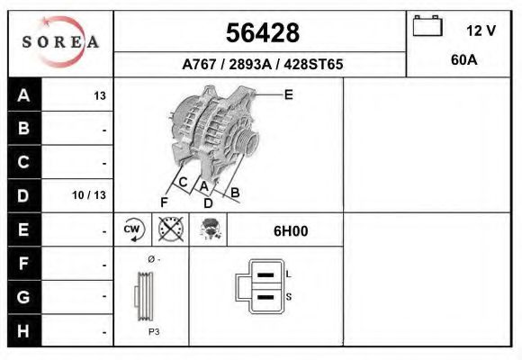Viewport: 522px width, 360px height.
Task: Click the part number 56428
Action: [261, 32]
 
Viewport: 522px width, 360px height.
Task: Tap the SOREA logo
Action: [60, 42]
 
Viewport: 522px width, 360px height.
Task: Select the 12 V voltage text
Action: [481, 31]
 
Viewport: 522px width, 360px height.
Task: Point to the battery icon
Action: [427, 27]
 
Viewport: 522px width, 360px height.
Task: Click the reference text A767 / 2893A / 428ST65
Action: [261, 65]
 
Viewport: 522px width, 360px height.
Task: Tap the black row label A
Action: [23, 95]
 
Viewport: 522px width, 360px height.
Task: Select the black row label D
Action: [23, 195]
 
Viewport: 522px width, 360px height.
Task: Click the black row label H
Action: [23, 330]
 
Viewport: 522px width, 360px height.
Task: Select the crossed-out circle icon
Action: [169, 229]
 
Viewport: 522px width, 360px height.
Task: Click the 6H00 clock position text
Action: [291, 230]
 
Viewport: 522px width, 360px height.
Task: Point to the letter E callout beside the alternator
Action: [288, 94]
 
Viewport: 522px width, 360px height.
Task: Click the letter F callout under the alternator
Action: [164, 201]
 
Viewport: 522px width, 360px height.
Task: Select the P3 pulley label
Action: [154, 331]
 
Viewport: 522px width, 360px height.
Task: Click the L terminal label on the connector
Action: [287, 274]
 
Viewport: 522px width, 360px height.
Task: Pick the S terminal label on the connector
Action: [287, 296]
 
